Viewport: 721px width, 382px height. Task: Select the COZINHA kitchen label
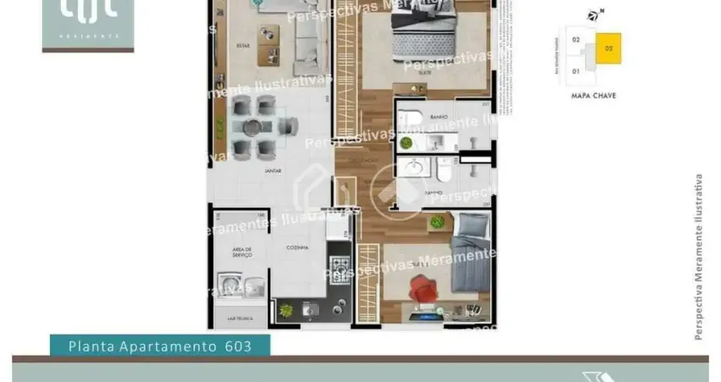[296, 247]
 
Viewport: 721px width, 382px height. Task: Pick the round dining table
[254, 127]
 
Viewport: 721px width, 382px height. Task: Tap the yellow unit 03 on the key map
[608, 49]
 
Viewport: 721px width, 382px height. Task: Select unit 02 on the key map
[576, 40]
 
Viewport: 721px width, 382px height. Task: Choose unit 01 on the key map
[576, 70]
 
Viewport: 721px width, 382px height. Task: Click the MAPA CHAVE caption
[594, 96]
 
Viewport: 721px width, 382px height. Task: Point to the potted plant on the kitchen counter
[286, 310]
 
